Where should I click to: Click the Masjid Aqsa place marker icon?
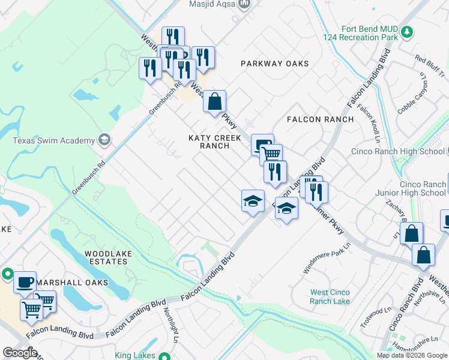click(244, 5)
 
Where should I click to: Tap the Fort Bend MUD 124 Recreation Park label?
click(369, 32)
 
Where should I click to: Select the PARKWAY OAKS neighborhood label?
click(275, 64)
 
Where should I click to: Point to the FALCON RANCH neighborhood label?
click(320, 119)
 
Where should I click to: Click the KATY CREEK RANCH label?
click(215, 142)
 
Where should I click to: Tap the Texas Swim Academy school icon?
click(104, 140)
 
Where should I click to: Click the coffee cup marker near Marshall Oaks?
click(25, 281)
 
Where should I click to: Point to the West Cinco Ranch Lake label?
click(330, 297)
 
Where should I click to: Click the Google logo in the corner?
click(19, 353)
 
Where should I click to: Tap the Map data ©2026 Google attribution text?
click(411, 355)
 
